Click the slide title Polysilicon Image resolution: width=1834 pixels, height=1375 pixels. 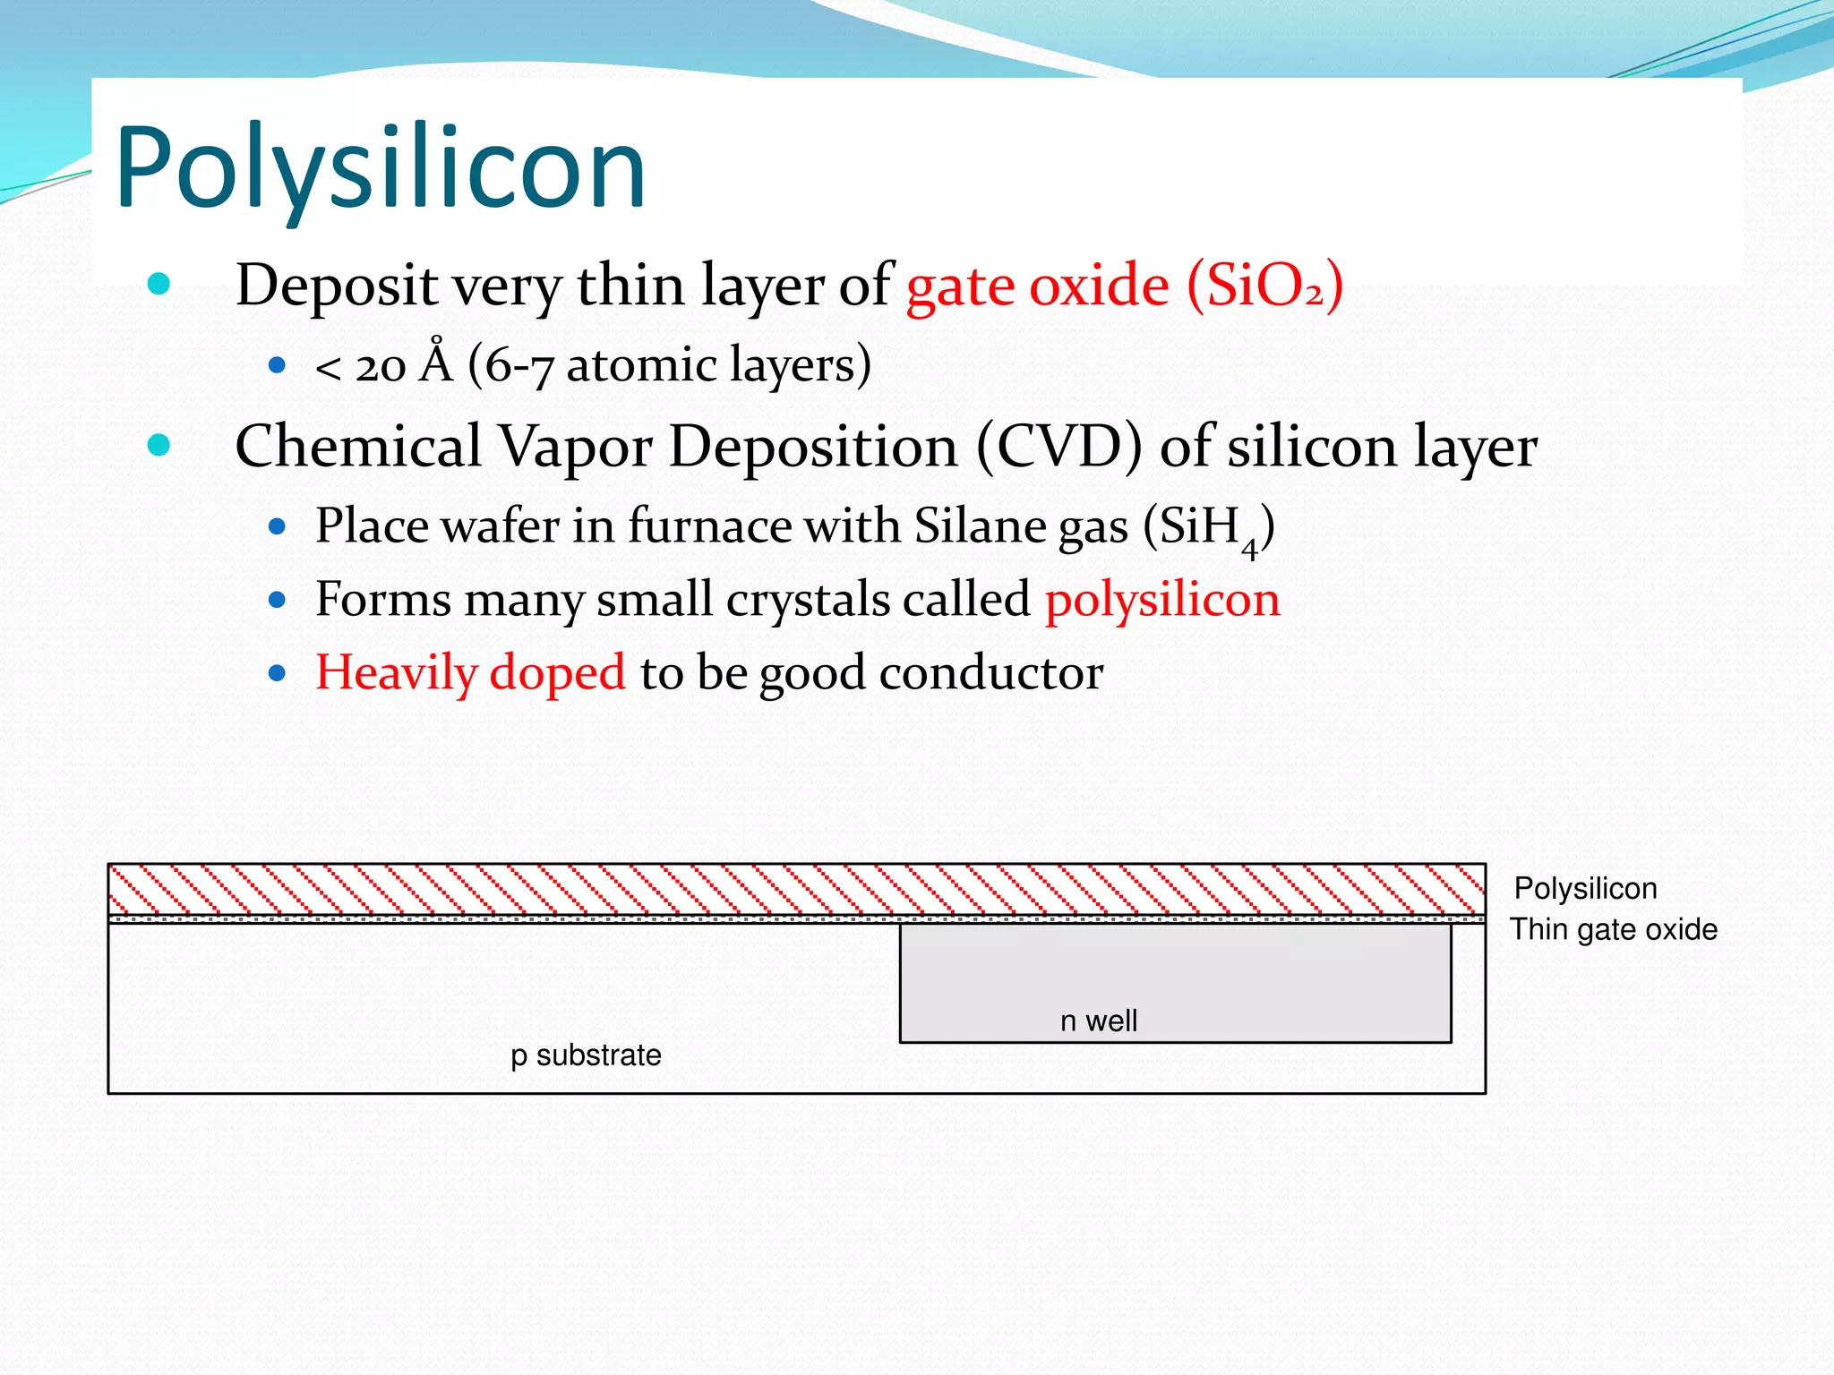[381, 167]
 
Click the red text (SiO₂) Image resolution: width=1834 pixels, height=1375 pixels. [1264, 286]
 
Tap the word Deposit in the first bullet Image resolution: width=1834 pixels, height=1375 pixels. [335, 287]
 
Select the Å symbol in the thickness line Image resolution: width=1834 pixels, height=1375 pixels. [436, 363]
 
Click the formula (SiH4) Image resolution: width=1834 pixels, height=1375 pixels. [1209, 528]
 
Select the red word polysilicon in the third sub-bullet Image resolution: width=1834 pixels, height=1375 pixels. [1161, 599]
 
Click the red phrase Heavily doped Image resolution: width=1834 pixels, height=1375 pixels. [470, 672]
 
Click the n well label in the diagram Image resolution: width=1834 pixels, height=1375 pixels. [1098, 1021]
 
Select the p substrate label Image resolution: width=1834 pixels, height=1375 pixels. [586, 1055]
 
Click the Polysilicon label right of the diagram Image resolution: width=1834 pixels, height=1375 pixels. [1585, 888]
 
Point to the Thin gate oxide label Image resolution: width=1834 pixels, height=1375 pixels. [1614, 929]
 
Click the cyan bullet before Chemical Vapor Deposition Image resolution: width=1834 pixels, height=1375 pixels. [159, 444]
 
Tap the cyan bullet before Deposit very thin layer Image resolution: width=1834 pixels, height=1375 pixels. [159, 284]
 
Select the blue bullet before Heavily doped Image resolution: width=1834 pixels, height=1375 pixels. [277, 672]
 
